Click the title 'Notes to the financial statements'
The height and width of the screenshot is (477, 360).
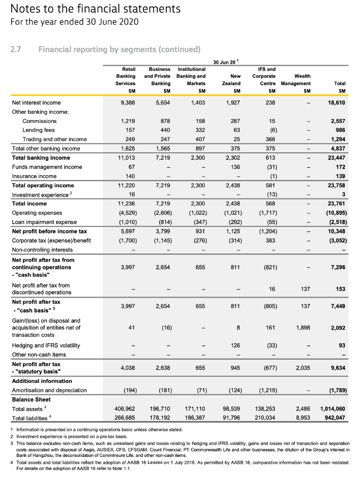pyautogui.click(x=95, y=9)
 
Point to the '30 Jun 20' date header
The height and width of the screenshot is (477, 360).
pyautogui.click(x=225, y=62)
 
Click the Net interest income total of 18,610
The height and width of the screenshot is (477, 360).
pyautogui.click(x=335, y=102)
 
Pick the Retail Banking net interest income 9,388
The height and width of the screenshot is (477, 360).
pyautogui.click(x=128, y=102)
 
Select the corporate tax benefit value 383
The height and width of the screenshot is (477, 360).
pyautogui.click(x=271, y=240)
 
